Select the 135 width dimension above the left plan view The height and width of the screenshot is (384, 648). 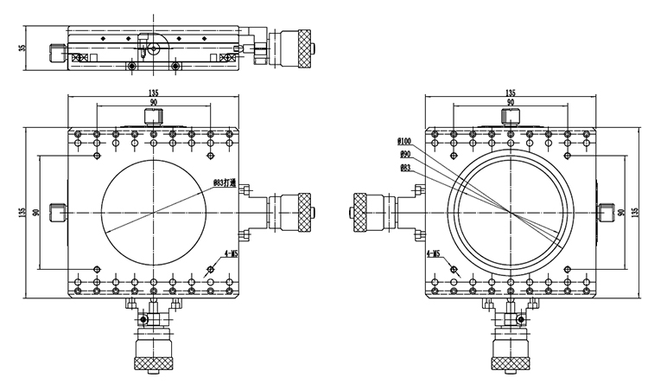tap(153, 93)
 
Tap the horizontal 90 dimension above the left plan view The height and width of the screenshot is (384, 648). tap(153, 103)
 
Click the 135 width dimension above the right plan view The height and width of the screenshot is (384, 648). tap(509, 93)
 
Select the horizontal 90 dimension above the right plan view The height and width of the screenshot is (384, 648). tap(510, 103)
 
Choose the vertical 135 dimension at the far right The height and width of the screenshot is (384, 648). tap(635, 212)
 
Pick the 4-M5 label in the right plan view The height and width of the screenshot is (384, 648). tap(434, 254)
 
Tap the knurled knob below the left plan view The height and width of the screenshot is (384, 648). tap(153, 354)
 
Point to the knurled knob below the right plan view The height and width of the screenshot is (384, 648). tap(510, 355)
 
